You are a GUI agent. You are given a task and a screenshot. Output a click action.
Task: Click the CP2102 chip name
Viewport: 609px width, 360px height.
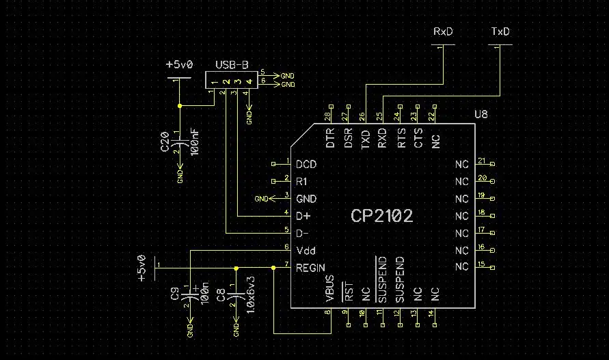pos(381,216)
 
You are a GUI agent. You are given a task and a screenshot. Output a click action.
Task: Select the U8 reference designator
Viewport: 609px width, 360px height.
pos(482,113)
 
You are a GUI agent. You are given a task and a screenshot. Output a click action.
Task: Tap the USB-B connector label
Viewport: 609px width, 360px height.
pos(232,65)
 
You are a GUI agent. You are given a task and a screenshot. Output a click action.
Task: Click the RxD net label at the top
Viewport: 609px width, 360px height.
pos(443,32)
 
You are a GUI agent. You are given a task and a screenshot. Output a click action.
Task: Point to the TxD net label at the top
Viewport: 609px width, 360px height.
pos(500,32)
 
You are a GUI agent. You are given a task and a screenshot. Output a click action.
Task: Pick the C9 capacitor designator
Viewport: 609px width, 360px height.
pos(175,294)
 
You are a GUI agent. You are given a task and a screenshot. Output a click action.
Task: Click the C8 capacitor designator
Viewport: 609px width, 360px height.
pos(221,294)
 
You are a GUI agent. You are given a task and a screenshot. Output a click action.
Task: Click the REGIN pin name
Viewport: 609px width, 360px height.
pos(310,268)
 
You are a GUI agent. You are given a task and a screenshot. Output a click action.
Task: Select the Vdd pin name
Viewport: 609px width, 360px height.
pos(306,250)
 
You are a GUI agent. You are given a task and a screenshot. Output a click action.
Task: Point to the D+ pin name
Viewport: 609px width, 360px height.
pos(303,216)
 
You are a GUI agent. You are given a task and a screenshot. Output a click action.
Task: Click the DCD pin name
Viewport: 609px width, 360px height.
pos(306,165)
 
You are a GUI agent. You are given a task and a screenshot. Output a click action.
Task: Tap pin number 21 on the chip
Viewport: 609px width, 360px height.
pos(481,161)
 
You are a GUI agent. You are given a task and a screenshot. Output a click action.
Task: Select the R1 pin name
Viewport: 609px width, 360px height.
pos(301,182)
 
